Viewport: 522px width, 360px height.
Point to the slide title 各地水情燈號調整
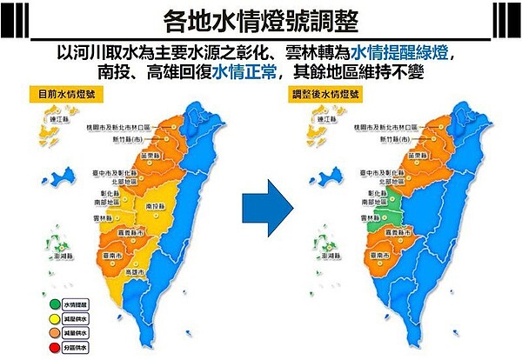pos(261,18)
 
